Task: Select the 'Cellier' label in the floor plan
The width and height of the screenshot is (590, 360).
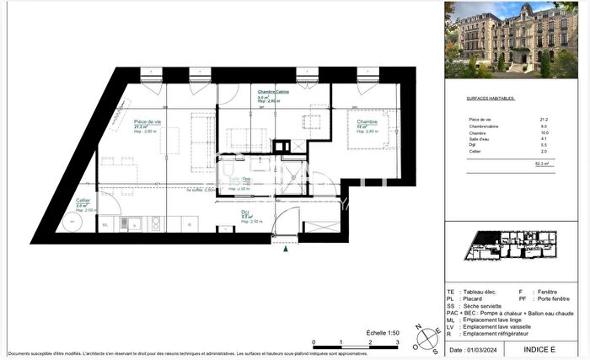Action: [83, 200]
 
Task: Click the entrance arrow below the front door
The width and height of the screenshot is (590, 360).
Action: [288, 249]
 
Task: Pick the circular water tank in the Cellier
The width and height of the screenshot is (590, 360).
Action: [71, 222]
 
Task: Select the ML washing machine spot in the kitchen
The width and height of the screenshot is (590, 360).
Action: [106, 225]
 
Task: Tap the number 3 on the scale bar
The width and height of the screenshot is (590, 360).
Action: [397, 343]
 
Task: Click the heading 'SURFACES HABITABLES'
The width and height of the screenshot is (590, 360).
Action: [490, 99]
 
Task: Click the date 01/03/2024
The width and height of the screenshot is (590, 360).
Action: [483, 349]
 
